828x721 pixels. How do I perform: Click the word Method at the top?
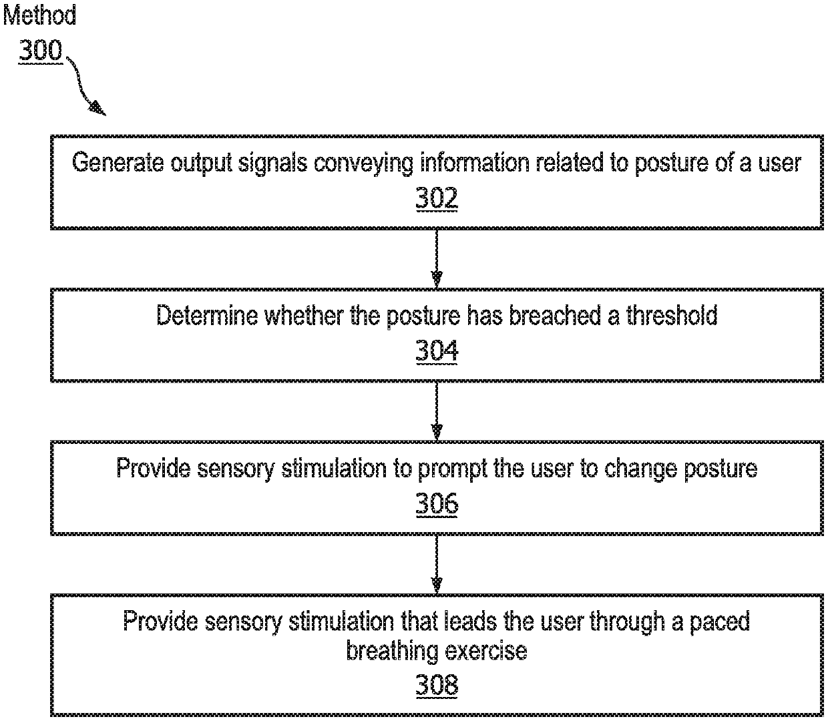40,16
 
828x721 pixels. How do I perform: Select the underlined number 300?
40,51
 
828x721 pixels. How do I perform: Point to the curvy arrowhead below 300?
97,107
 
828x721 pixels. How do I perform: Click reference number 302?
437,198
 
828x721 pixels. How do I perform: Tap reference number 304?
437,350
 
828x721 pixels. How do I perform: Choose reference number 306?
437,503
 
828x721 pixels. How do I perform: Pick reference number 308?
437,685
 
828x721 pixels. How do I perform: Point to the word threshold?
671,315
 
